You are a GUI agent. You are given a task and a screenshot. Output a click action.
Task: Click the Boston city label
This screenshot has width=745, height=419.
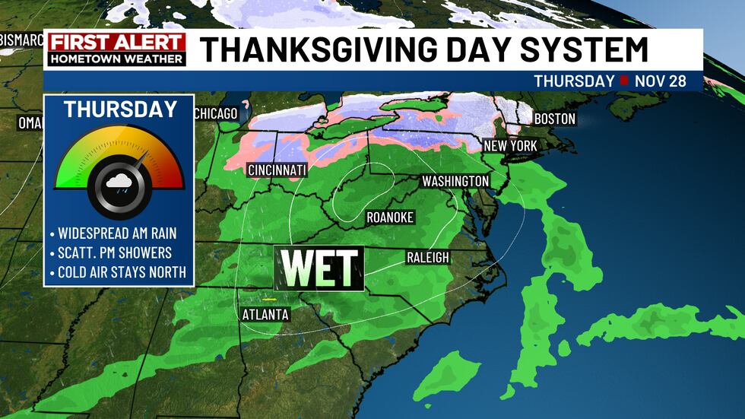(x=555, y=119)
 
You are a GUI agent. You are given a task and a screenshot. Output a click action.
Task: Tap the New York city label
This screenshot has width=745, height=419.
(x=511, y=145)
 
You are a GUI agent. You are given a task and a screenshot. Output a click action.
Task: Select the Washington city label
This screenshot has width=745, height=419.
(x=455, y=181)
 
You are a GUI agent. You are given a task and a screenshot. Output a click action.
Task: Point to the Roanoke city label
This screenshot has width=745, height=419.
(x=390, y=217)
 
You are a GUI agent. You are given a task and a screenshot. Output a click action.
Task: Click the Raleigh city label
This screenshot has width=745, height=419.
(x=427, y=257)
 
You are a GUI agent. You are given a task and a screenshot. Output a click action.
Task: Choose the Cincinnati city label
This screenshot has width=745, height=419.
(x=277, y=170)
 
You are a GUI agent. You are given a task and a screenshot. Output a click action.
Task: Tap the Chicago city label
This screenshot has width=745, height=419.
(x=216, y=114)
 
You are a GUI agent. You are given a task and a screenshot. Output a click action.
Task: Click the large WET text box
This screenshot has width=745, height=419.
(x=319, y=268)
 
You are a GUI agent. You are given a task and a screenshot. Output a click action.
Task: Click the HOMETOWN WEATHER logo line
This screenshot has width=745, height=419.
(x=116, y=58)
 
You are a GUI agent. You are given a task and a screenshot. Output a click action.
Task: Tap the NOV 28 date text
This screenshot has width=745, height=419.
(x=660, y=81)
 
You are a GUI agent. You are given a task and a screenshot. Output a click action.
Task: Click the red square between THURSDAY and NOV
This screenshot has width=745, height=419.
(x=623, y=81)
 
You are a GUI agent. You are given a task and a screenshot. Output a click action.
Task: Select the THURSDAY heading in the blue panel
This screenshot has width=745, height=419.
(x=120, y=109)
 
